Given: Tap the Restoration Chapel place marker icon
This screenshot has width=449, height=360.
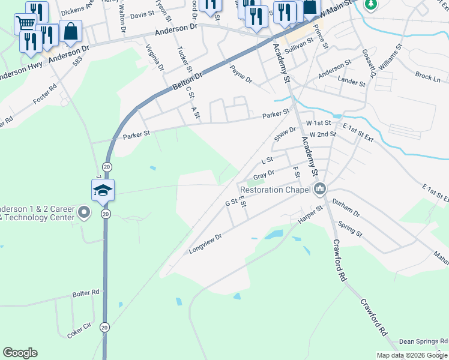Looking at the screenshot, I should (320, 190).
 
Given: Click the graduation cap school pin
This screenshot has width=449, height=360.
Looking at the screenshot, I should (103, 190).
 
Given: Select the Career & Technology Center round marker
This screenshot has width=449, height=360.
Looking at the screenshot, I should (83, 212).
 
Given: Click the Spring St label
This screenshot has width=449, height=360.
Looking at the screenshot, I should (351, 229).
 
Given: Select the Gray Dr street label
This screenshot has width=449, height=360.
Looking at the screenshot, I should (264, 176).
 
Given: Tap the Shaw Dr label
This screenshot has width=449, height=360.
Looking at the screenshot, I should (285, 134).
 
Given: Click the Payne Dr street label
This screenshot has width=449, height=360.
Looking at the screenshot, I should (241, 74).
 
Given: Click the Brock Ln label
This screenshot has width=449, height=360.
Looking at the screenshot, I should (427, 77).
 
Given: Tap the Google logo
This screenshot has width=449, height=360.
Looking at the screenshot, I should (20, 353).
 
